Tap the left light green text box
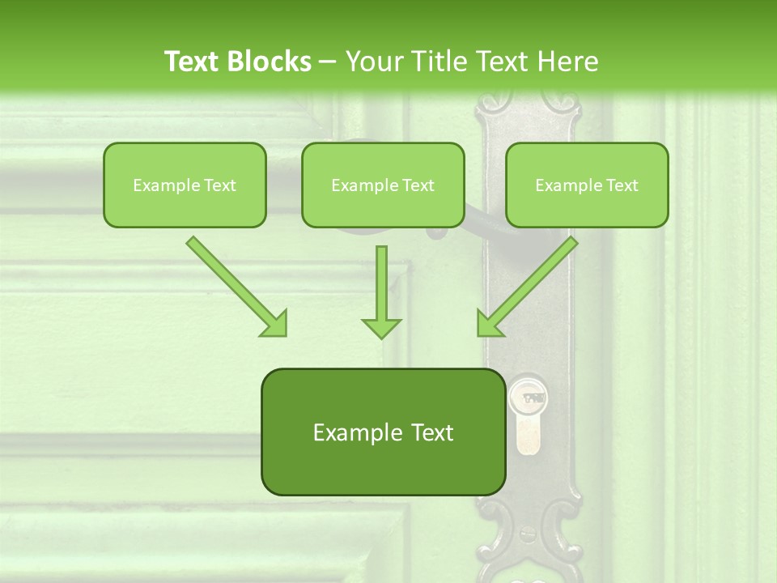click(x=185, y=185)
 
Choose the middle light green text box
click(x=383, y=185)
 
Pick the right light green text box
click(x=587, y=185)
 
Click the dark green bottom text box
click(x=383, y=432)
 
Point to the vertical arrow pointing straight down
click(x=381, y=291)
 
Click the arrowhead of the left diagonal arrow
click(x=275, y=324)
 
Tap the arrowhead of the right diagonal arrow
click(x=489, y=324)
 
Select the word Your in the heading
click(x=372, y=62)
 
